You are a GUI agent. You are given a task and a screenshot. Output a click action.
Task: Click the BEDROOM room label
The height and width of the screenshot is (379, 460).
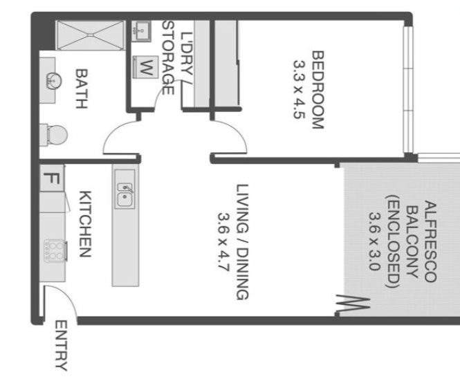[318, 90]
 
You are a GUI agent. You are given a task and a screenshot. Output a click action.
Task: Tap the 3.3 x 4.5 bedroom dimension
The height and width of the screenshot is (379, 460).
[300, 89]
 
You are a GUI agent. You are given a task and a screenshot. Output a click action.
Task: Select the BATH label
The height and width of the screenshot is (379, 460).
[82, 89]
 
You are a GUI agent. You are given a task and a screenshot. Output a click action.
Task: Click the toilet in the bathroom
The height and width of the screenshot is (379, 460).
[54, 135]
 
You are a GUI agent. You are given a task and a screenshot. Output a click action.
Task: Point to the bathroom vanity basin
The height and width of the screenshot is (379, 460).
[54, 80]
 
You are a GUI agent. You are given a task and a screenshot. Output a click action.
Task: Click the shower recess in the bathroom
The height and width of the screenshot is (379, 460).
[91, 35]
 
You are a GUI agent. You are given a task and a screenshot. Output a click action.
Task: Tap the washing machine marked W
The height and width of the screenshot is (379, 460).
[145, 67]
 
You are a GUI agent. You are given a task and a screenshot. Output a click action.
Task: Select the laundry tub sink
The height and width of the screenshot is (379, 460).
[141, 31]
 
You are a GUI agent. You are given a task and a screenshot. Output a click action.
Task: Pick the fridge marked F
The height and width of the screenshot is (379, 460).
[52, 178]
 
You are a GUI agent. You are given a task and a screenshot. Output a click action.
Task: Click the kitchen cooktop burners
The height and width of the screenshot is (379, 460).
[55, 251]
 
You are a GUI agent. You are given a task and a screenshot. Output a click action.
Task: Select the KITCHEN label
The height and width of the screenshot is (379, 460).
[86, 224]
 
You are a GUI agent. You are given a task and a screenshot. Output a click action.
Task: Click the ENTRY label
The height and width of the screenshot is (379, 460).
[62, 345]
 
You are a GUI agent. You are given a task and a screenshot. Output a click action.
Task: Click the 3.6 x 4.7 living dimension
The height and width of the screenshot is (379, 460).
[223, 241]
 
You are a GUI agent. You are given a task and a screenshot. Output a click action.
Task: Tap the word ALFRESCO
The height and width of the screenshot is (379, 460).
[430, 242]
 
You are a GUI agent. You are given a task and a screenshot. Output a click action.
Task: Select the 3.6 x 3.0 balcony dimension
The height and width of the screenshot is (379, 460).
[375, 241]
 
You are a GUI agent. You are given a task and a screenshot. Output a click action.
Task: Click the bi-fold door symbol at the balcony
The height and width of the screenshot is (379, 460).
[352, 304]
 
